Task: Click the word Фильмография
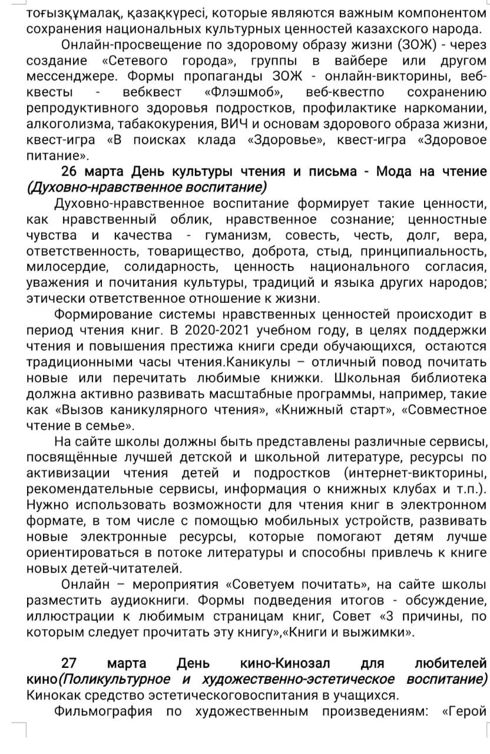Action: (103, 711)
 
